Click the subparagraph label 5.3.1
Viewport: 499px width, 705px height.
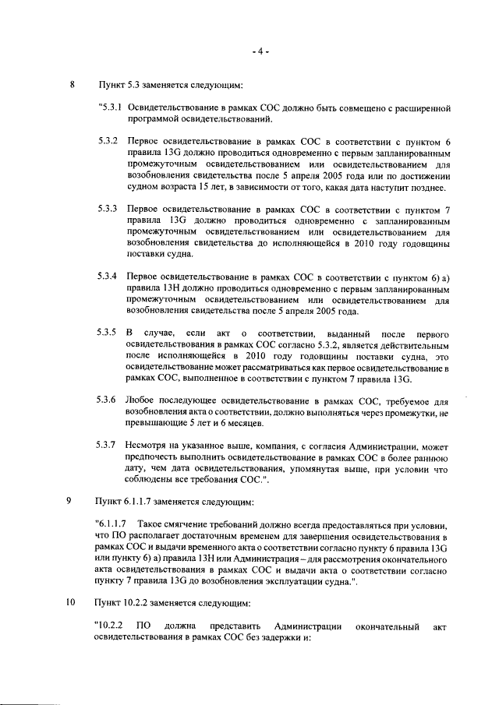[x=108, y=106]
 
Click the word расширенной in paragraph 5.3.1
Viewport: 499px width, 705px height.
[x=425, y=106]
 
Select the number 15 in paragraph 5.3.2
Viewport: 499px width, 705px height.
[x=204, y=188]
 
